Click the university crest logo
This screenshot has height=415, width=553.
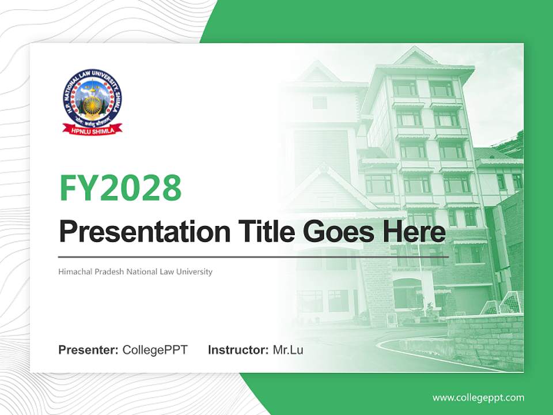92,101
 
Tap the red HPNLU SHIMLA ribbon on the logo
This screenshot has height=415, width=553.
92,129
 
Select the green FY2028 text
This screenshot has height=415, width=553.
120,187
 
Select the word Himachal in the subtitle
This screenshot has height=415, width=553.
74,271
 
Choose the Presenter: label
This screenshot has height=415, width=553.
89,350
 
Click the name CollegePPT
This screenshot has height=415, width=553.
155,350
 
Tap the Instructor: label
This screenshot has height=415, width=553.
238,350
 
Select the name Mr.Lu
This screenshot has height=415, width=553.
288,350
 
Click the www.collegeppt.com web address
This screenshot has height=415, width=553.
478,398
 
